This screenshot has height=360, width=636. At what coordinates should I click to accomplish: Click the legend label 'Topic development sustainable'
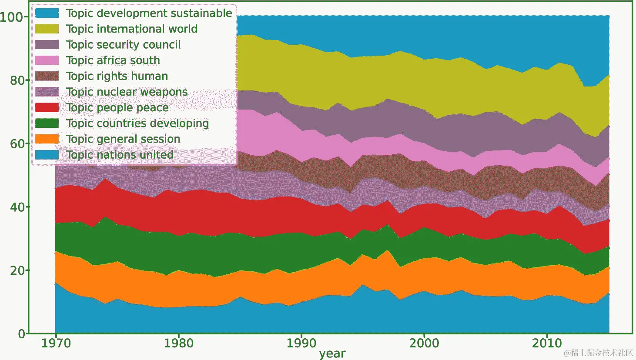click(149, 13)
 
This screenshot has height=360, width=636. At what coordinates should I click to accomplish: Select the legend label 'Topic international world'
click(131, 29)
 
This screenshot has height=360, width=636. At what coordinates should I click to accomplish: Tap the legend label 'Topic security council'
click(123, 45)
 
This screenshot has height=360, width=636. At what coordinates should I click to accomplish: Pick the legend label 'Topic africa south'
click(113, 60)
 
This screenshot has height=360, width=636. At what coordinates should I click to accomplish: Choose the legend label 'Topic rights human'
click(117, 76)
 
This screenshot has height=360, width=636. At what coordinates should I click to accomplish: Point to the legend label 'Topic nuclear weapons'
click(127, 92)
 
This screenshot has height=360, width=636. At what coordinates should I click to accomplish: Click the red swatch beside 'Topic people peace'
click(47, 108)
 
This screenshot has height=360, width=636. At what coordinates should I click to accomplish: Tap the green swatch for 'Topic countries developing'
click(47, 123)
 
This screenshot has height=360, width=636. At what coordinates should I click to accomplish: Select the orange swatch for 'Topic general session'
click(47, 139)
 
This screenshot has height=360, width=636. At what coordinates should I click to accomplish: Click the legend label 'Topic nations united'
click(120, 155)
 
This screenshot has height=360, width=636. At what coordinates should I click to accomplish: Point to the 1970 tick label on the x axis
click(56, 343)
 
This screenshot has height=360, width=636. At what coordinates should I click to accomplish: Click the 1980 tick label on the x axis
click(178, 343)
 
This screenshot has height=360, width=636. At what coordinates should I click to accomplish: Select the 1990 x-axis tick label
click(301, 343)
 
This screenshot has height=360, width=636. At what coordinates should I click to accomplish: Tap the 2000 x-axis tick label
click(424, 343)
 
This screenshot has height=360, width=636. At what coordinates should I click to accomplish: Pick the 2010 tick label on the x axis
click(547, 343)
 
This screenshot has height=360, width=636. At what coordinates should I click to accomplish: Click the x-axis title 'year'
click(332, 353)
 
